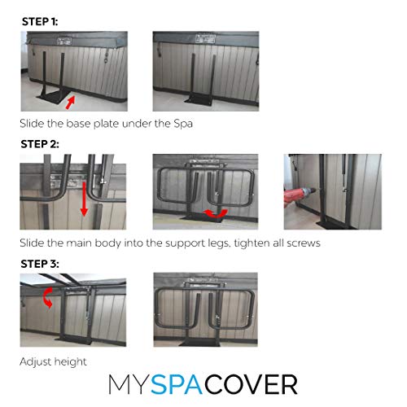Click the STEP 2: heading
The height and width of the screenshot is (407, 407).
point(39,144)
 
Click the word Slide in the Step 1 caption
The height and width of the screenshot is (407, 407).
point(33,125)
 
